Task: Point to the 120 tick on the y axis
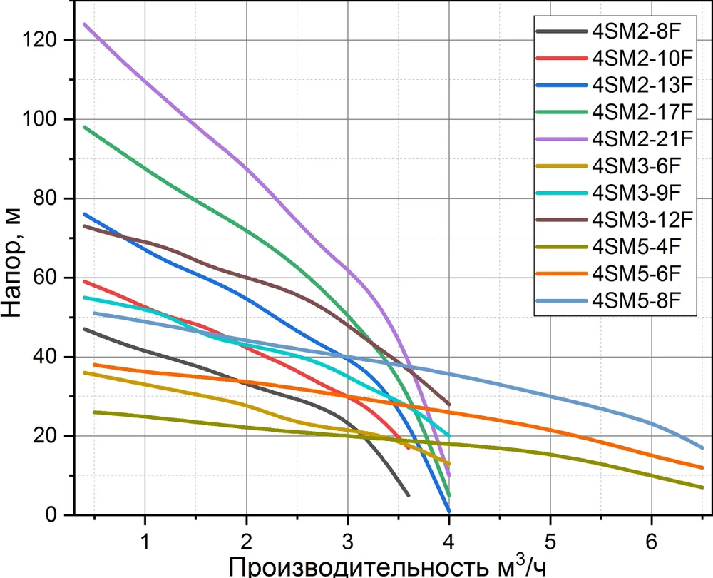pos(52,41)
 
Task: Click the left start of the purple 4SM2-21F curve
pos(84,24)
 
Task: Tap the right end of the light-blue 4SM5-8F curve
pos(702,447)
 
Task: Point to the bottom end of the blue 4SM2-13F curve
pos(449,511)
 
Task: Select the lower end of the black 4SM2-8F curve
pos(409,495)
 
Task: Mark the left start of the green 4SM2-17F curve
pos(84,127)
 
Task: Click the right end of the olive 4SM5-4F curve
pos(702,487)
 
